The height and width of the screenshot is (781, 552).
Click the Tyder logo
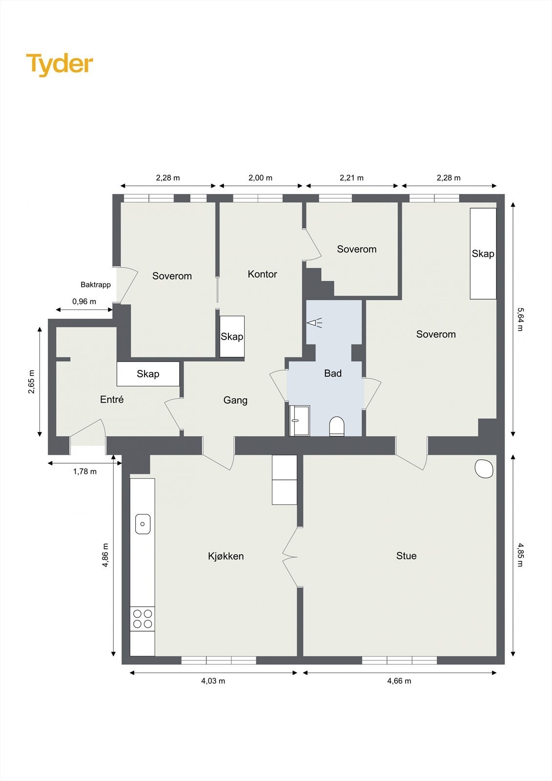point(60,64)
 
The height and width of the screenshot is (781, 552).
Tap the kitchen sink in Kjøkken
point(143,524)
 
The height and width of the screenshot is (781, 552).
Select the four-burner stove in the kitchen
point(143,618)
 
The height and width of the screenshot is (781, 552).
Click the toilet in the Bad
point(337,426)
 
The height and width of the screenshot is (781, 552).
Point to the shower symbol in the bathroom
point(314,323)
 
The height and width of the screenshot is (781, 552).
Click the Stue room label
point(406,555)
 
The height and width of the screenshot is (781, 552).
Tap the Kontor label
point(262,274)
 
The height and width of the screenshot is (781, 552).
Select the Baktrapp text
point(96,285)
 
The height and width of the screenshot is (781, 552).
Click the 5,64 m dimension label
point(519,319)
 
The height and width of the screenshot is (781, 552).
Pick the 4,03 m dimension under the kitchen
point(213,681)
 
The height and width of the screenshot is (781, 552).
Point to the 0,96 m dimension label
point(84,301)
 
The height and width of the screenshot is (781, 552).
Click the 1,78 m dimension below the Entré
point(85,471)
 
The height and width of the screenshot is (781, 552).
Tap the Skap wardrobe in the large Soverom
point(483,253)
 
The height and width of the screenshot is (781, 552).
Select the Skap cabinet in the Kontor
point(232,336)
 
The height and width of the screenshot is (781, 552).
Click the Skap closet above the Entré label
point(148,373)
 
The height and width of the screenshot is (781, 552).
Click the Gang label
point(235,400)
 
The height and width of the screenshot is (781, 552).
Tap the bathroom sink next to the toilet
point(299,420)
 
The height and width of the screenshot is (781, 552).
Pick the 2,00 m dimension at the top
point(260,178)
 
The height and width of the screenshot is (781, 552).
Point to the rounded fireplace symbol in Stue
point(484,468)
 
